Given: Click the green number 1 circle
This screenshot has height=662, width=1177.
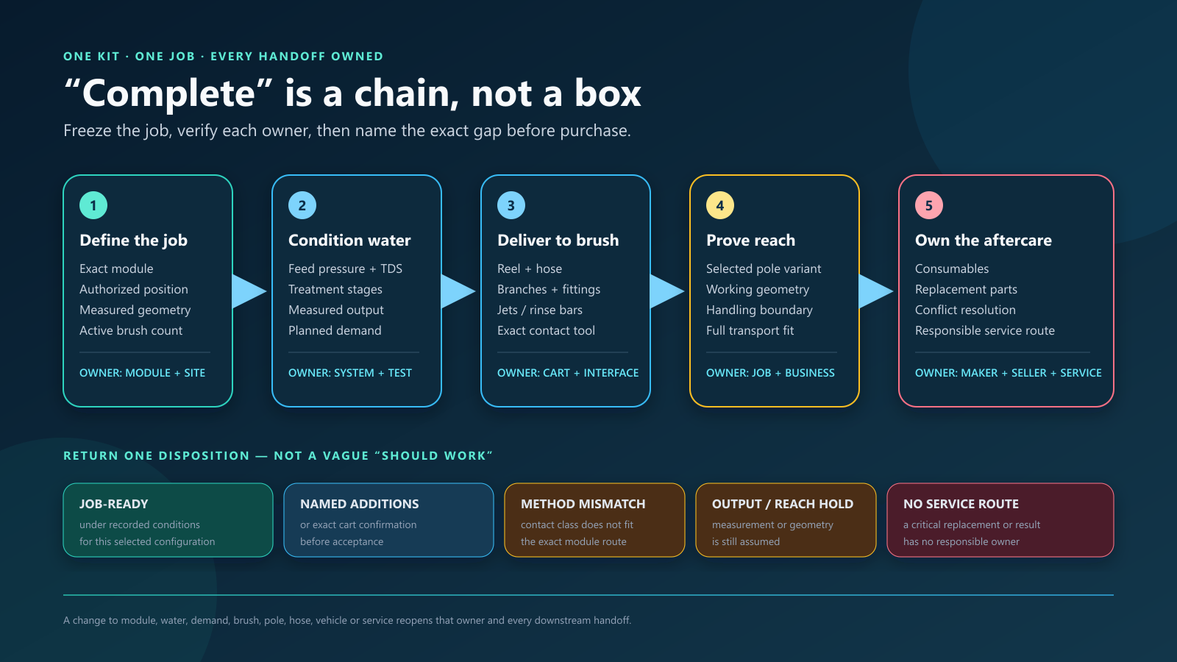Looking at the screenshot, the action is coord(93,205).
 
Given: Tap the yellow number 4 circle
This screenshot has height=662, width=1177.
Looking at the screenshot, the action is coord(720,205).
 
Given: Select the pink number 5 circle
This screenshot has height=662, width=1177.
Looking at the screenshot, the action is coord(929,205).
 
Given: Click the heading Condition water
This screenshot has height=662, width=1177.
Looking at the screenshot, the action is coord(349,240).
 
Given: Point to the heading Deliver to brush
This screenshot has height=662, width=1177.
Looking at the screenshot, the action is coord(558,240).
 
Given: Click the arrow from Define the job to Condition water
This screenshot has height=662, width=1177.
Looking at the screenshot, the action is coord(249,291).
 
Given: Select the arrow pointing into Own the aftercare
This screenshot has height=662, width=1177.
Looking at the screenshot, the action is coord(876,291).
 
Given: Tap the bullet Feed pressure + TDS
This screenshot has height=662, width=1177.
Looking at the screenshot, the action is coord(345,268).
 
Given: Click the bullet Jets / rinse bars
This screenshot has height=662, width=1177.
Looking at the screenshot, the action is coord(540,310).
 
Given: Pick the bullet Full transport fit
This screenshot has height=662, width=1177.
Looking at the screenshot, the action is coord(750,330).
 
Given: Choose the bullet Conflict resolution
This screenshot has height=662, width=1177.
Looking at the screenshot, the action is coord(965,310).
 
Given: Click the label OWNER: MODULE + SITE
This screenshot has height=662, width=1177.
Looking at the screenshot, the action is coord(143,373).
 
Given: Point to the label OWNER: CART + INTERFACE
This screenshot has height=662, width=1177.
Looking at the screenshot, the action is coord(568,373).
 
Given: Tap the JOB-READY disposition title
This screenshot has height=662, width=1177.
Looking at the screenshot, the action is coord(113,504).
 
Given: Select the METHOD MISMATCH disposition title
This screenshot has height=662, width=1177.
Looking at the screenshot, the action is coord(583,504).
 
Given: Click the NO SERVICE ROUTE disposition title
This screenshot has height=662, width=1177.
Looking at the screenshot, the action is coord(961,504).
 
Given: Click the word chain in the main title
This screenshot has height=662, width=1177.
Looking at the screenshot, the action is coord(405,93).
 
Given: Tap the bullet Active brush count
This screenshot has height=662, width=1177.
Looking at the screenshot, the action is coord(131,330).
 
